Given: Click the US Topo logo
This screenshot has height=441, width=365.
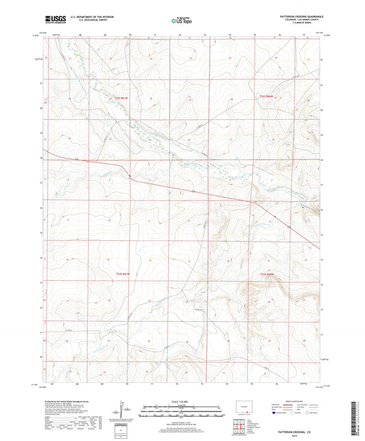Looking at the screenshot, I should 181,21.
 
